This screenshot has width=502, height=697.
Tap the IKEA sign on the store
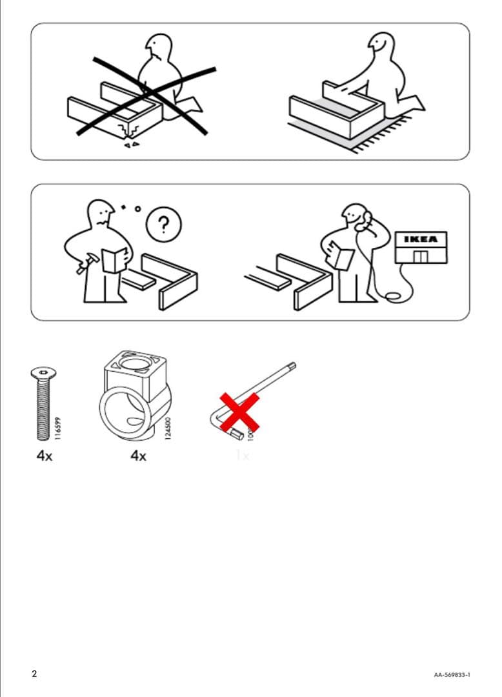[420, 239]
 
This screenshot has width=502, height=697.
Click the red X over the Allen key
[239, 412]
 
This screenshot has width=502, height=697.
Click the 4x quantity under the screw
[43, 456]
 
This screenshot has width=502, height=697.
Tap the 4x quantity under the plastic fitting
[138, 456]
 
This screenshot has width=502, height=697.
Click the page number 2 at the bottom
[34, 674]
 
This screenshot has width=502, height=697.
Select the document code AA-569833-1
[452, 675]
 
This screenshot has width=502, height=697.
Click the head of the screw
[43, 372]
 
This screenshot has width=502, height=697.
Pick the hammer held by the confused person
[85, 265]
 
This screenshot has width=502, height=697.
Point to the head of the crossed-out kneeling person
[159, 46]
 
